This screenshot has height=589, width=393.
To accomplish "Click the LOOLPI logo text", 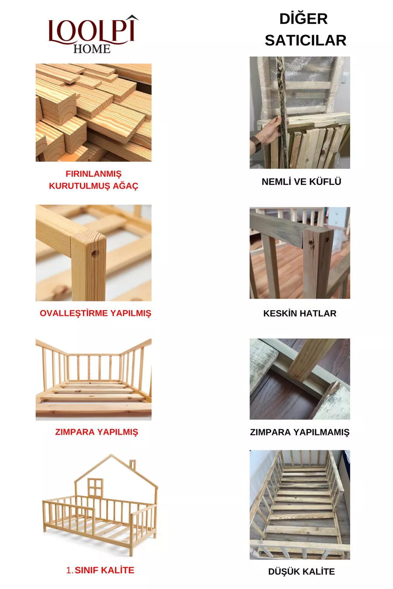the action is [93, 31].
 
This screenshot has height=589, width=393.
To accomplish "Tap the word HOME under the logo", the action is [92, 49].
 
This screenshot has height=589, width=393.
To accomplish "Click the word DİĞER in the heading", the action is [303, 18].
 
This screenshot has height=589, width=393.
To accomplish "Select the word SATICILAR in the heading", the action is [305, 40].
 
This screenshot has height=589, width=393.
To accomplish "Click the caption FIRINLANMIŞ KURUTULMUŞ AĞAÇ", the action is [93, 180].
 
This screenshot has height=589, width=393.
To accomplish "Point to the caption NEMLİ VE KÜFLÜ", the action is [301, 181].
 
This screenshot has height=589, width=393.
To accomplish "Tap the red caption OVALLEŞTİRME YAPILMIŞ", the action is [95, 313].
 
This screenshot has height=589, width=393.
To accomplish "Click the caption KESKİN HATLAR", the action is [300, 313].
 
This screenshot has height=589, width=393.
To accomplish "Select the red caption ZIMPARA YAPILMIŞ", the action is [97, 432].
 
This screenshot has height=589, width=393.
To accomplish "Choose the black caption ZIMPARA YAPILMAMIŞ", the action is [300, 432].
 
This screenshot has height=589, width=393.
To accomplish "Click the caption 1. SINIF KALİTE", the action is [100, 570].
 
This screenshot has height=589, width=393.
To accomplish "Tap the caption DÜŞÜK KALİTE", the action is [301, 571].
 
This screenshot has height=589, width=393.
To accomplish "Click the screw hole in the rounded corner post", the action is [95, 253].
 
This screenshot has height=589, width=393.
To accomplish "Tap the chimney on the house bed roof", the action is [132, 465].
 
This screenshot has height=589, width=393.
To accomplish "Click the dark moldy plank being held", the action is [283, 112].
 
